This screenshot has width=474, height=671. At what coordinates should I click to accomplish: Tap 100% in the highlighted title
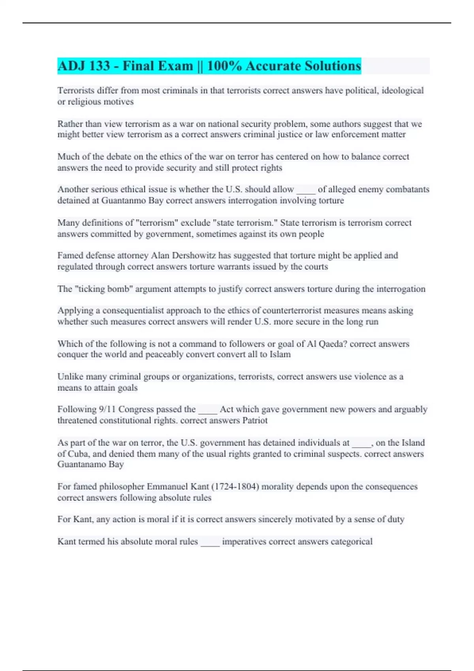(224, 66)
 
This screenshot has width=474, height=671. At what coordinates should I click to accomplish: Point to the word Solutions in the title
(333, 66)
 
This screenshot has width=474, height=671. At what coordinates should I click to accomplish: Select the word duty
(395, 519)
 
